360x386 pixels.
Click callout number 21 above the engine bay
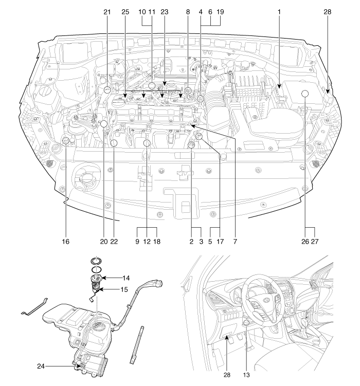[107, 11]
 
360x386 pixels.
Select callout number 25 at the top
[125, 11]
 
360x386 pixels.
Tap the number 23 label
[165, 11]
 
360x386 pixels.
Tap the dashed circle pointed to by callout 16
[66, 141]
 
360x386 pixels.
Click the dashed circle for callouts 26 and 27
[304, 94]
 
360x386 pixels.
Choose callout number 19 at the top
[220, 11]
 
